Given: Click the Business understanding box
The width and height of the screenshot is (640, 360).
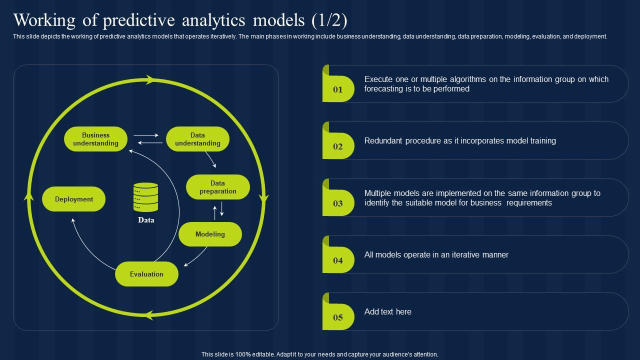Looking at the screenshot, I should tap(95, 139).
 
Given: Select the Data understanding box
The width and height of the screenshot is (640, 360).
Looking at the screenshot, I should tap(197, 139).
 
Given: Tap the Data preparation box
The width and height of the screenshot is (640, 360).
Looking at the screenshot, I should tap(217, 187).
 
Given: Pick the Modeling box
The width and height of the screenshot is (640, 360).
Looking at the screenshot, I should tap(210, 234).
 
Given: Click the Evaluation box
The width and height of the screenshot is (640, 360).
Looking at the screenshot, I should tap(146, 274).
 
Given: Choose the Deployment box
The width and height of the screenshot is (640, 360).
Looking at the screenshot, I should tap(74, 199).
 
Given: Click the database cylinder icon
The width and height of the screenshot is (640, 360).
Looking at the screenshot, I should tap(145, 197).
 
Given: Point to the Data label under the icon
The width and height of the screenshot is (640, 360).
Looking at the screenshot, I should tap(146, 220).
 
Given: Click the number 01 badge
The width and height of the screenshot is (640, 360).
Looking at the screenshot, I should tap(338, 89).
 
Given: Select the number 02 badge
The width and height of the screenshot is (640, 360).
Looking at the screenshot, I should tap(338, 146).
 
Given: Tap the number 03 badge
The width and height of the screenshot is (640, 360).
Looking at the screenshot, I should tap(338, 203).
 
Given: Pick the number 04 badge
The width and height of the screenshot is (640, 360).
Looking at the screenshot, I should tap(338, 260).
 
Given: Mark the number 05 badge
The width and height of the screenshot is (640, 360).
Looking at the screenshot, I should tap(338, 317).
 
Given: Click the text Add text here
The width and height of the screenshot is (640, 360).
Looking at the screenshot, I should tap(387, 311).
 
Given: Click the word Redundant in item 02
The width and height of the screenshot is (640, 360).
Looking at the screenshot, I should tap(383, 141).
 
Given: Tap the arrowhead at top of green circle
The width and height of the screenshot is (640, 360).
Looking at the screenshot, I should tap(149, 79).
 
